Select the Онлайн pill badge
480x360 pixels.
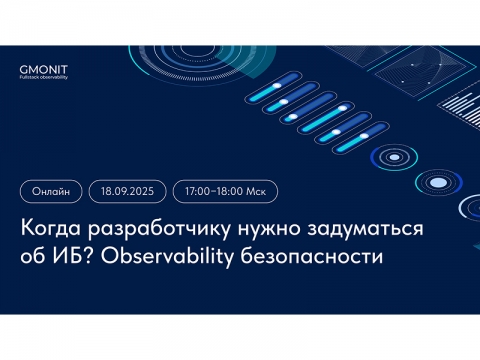point(50,189)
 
